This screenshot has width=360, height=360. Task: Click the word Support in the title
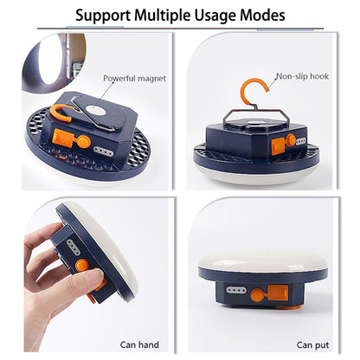[x=104, y=16]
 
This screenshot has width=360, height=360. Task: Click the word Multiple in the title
[x=170, y=16]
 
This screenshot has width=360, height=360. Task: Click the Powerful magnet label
[x=134, y=78]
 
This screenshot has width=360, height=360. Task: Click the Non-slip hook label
[x=303, y=77]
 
